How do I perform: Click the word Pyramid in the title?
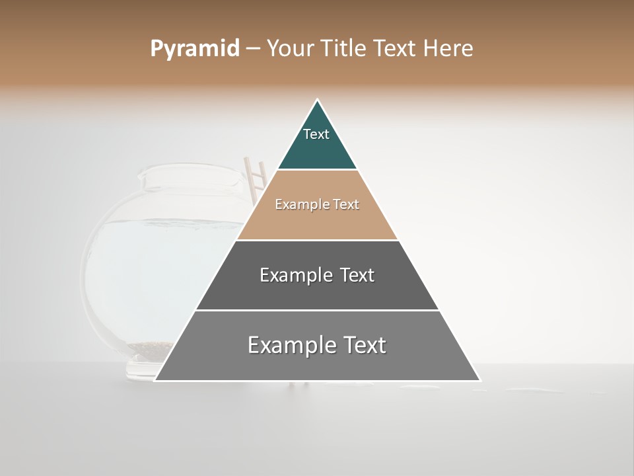point(194,49)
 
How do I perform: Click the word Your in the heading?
point(290,49)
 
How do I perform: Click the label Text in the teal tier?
point(316,134)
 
